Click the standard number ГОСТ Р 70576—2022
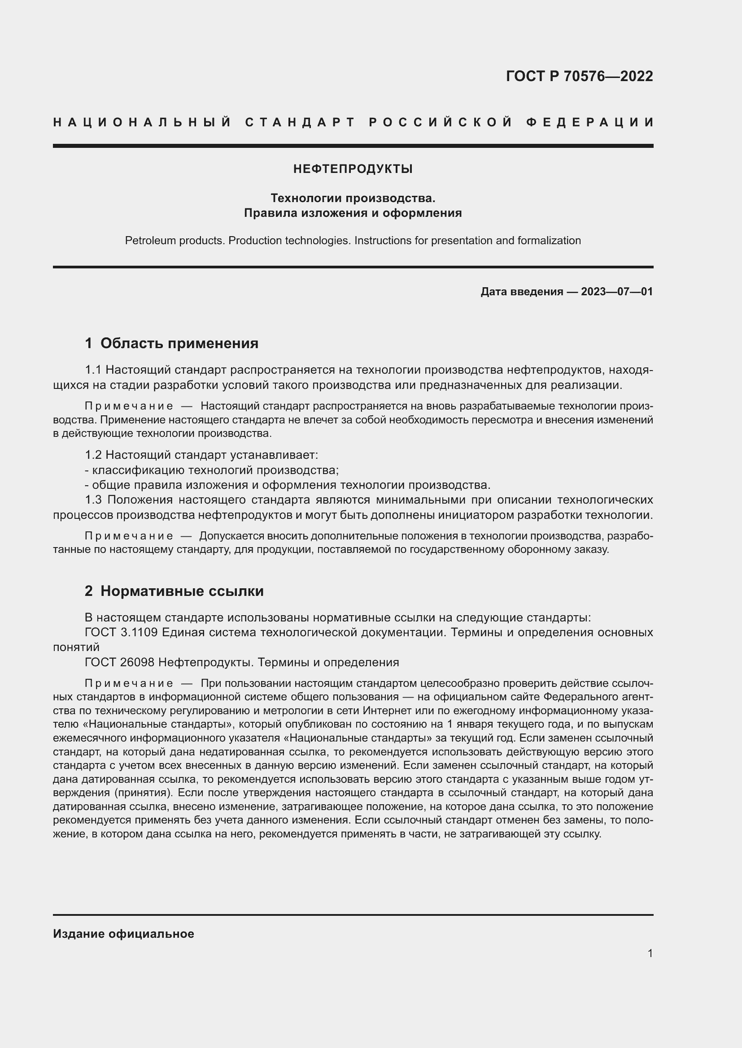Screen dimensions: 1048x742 pos(579,76)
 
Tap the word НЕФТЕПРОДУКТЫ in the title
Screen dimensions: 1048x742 pos(353,169)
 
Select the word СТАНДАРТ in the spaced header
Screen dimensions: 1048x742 pos(300,122)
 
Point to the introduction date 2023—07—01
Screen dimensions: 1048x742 pos(616,292)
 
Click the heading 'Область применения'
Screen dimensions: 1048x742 pos(179,343)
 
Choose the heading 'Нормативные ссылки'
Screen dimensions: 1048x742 pos(182,591)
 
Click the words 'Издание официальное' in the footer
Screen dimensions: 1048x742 pos(123,934)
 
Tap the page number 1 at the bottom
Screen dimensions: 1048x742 pos(650,953)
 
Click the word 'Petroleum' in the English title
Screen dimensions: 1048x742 pos(150,241)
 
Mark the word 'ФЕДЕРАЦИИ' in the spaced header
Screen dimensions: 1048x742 pos(590,122)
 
